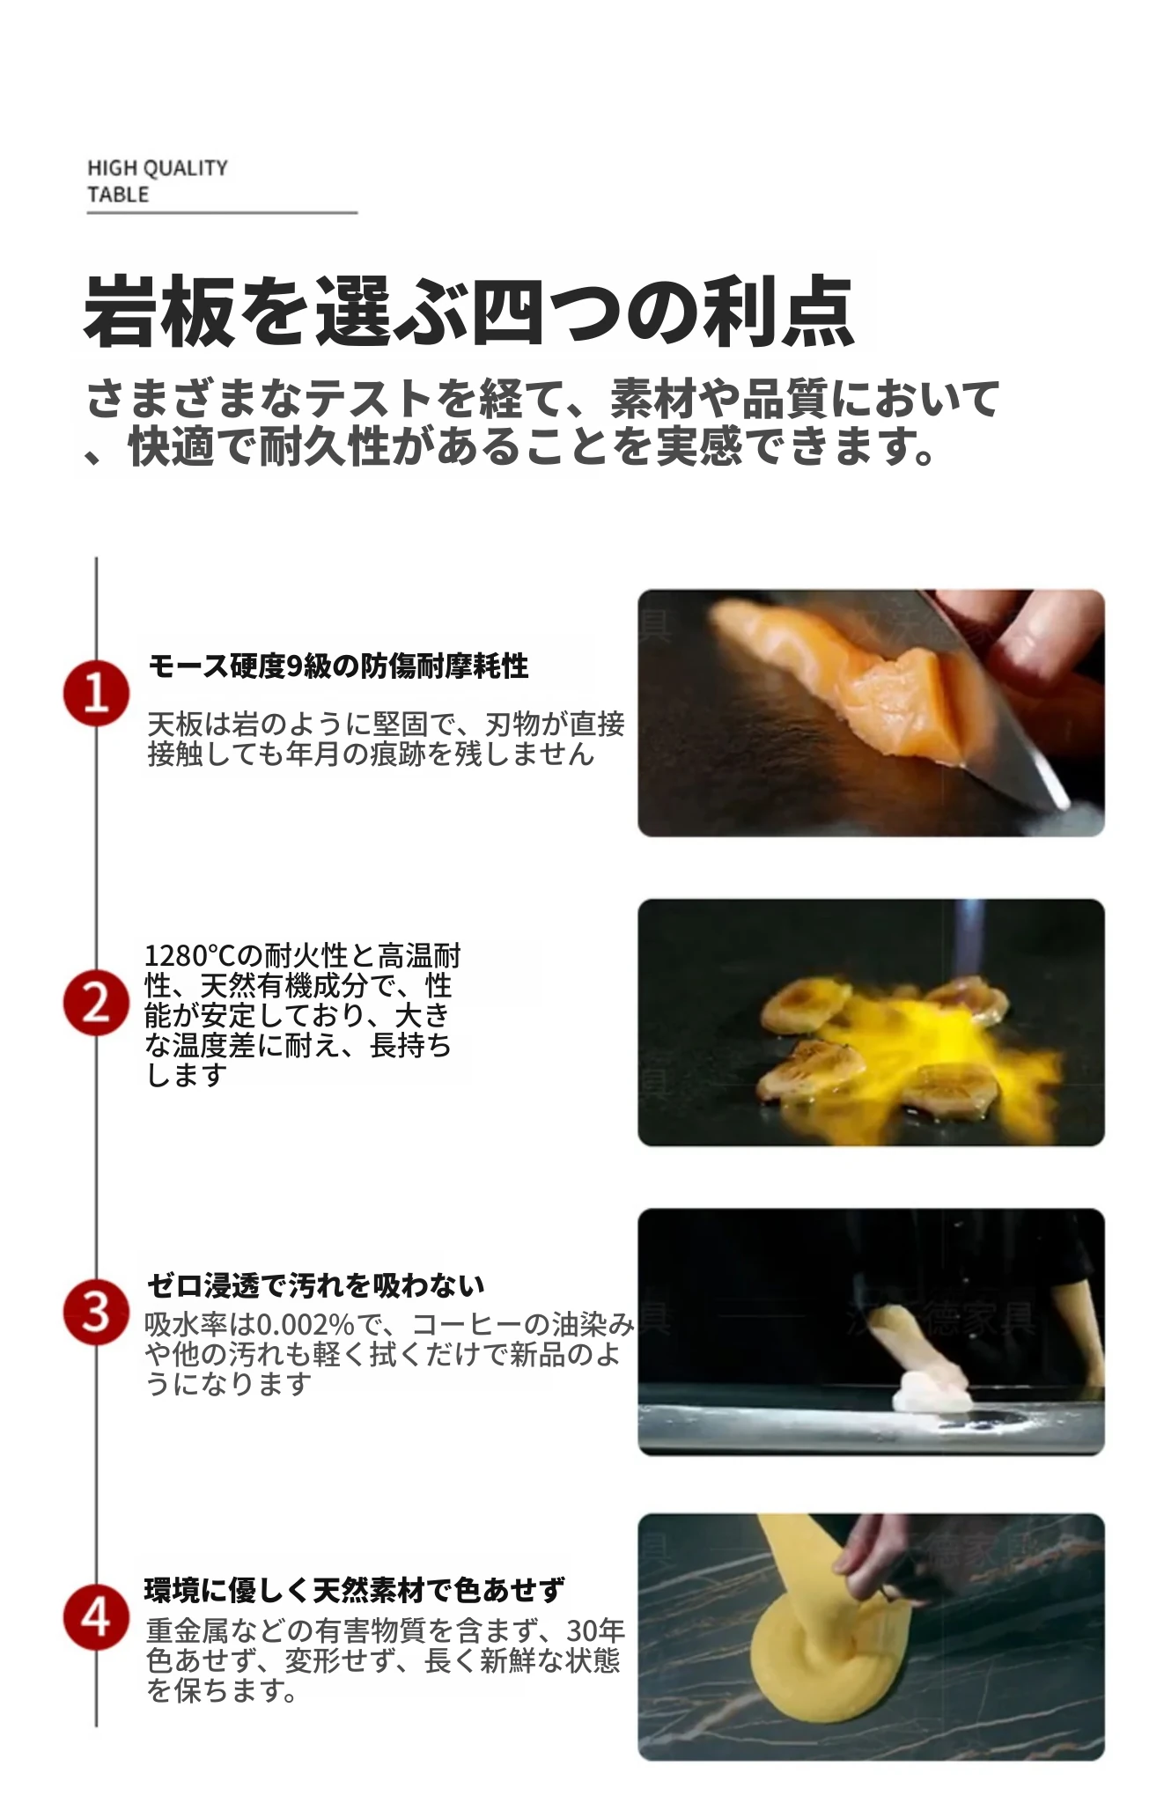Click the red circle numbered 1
[96, 694]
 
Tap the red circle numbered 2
[96, 1003]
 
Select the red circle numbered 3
[96, 1312]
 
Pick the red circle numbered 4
[96, 1617]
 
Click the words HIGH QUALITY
[158, 168]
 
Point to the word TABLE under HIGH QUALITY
[118, 195]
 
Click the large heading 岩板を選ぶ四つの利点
[468, 311]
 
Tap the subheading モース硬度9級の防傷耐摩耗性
[338, 666]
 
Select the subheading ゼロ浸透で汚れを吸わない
[316, 1285]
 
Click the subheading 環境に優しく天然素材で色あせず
[355, 1590]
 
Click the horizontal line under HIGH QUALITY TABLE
[222, 212]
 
